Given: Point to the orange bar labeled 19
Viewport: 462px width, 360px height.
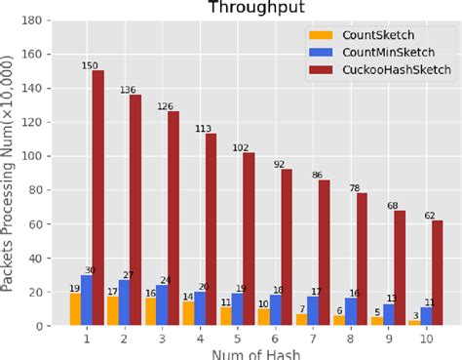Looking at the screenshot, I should [75, 308].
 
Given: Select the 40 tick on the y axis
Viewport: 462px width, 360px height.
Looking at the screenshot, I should [47, 258].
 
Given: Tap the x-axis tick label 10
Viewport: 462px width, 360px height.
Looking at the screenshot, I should [427, 338].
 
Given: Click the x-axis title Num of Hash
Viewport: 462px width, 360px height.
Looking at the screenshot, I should [255, 353].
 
